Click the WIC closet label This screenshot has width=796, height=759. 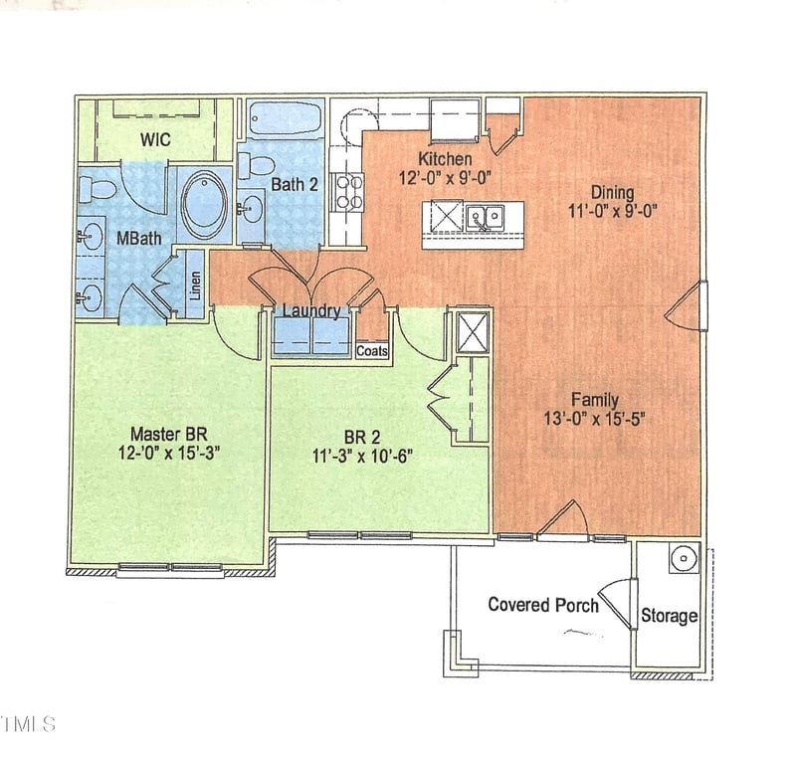pos(154,140)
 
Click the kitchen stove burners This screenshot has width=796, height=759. pos(348,191)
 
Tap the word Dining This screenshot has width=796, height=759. pos(612,192)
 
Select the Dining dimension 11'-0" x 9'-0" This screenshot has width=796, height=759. pos(613,211)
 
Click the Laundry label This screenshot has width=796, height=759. pos(311,311)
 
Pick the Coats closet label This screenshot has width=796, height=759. pos(372,351)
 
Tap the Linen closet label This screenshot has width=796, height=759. pos(196,286)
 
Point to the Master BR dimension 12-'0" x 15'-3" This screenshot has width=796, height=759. pos(169,452)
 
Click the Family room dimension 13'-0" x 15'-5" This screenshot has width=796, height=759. pos(595,419)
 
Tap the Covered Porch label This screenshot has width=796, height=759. pos(543,604)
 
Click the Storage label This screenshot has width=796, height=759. pos(669,616)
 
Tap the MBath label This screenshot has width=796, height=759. pos(134,239)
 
